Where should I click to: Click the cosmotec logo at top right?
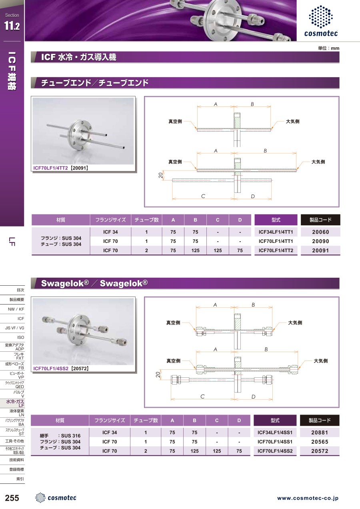click(321, 21)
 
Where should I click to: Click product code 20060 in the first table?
click(320, 232)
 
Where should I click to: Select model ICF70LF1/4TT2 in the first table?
click(276, 250)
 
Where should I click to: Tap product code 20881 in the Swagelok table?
click(320, 433)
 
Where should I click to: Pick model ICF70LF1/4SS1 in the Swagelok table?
click(275, 442)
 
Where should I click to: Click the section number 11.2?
click(12, 26)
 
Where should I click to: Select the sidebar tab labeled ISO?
click(20, 337)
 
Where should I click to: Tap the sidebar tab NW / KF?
click(16, 309)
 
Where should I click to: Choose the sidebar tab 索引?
click(20, 479)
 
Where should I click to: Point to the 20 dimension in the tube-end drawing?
click(160, 175)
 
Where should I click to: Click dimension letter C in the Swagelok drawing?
click(202, 397)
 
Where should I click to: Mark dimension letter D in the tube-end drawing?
click(253, 196)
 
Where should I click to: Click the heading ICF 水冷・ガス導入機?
click(78, 57)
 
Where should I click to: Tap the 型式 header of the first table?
click(276, 220)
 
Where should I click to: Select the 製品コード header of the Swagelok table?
click(320, 420)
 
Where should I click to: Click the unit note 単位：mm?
click(329, 48)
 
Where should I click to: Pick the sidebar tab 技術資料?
click(16, 460)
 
